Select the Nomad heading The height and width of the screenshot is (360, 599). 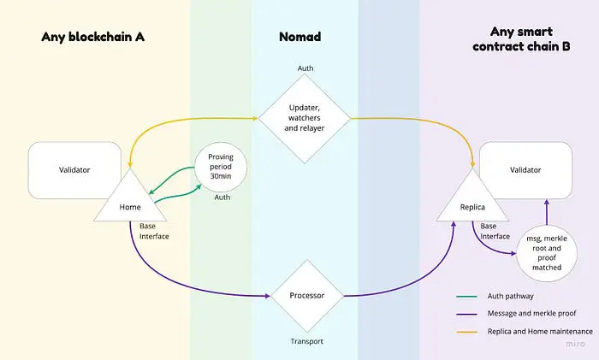299,37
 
